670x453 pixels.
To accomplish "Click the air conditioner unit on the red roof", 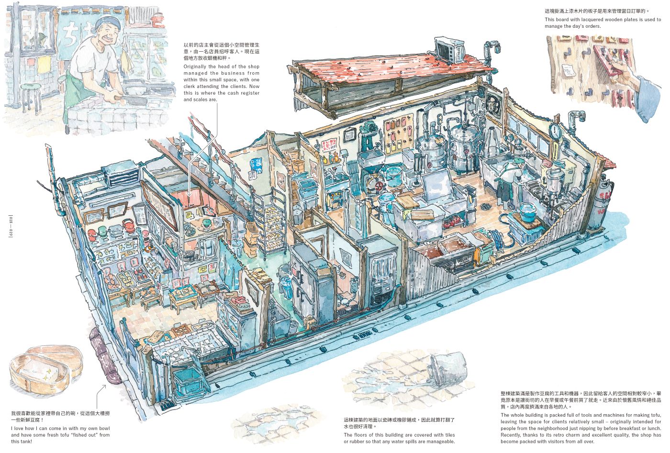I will coord(449,48).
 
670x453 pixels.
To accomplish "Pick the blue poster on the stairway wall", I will coord(256,165).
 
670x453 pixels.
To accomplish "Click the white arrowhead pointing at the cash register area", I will coord(190,194).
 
